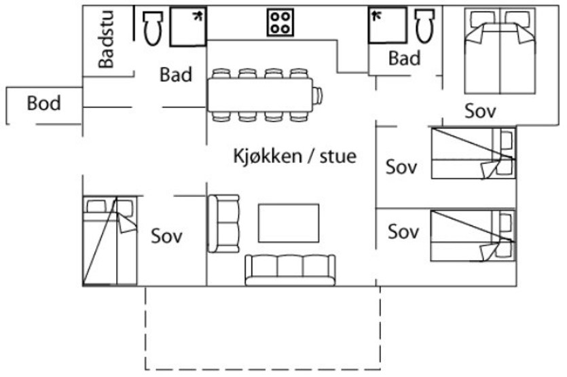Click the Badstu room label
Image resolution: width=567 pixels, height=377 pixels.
(x=107, y=40)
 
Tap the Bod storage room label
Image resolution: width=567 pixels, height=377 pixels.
(x=43, y=103)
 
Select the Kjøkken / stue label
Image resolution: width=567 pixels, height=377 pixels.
(x=295, y=156)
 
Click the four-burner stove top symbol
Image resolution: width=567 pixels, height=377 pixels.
(x=280, y=22)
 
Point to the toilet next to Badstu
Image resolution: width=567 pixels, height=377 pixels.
(x=153, y=27)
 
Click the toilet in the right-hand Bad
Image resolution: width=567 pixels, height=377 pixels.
(x=425, y=25)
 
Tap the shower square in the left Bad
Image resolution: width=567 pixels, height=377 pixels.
(x=188, y=26)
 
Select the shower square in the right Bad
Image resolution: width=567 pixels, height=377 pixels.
(x=387, y=25)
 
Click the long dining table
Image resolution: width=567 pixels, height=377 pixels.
(x=260, y=95)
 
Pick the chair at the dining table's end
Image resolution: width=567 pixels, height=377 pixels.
(x=318, y=96)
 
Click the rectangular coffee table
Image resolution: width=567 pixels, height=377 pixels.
(x=289, y=223)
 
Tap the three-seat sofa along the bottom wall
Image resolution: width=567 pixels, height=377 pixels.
(x=290, y=270)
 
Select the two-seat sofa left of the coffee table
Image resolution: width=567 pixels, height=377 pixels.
(x=224, y=223)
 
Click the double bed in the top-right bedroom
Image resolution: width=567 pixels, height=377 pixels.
(x=500, y=51)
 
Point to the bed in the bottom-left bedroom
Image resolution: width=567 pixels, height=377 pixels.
(x=110, y=241)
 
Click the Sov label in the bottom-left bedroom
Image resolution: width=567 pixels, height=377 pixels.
(x=166, y=236)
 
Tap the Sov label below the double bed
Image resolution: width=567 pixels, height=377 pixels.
(x=480, y=111)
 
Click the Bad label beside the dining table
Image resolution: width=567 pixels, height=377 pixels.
(x=176, y=75)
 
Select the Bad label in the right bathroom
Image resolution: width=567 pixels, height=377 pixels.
(x=405, y=58)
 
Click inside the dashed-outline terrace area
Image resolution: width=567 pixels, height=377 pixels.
(x=263, y=328)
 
